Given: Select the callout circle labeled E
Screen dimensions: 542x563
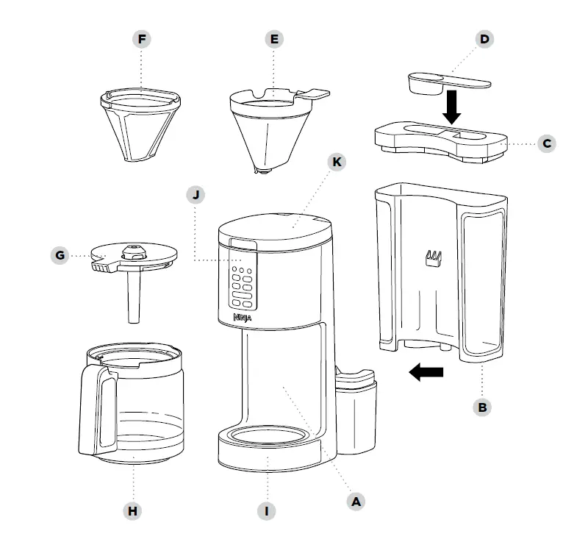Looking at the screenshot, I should click(x=273, y=39).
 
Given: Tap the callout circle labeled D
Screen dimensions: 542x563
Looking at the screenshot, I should click(x=484, y=39).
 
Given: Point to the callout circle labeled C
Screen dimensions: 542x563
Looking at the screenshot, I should click(x=546, y=143).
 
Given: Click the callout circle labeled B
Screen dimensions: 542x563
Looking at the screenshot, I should click(x=482, y=406).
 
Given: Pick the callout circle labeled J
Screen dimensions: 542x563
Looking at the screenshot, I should click(x=196, y=195).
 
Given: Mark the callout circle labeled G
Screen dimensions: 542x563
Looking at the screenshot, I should click(x=61, y=256).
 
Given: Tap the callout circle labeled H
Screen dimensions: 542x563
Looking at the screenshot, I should click(x=133, y=510).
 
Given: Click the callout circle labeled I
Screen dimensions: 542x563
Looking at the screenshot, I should click(x=268, y=510).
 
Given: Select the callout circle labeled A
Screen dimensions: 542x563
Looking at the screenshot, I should click(x=356, y=501).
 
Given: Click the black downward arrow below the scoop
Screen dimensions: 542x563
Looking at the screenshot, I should click(x=453, y=107).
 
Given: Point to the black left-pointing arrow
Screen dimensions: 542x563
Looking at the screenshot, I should click(x=426, y=373).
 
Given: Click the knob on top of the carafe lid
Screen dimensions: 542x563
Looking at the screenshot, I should click(x=133, y=251).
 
